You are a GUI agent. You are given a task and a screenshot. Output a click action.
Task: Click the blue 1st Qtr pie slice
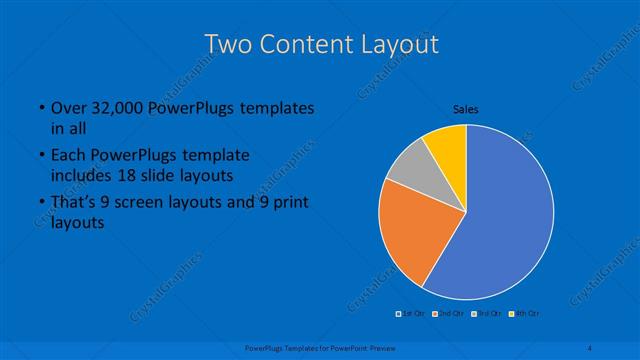505,215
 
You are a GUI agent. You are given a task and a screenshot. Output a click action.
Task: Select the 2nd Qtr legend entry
448,314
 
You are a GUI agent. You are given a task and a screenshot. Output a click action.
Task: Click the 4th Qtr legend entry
522,314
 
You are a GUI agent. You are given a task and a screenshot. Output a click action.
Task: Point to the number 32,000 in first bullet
120,108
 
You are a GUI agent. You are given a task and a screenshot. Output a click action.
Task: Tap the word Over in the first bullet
68,108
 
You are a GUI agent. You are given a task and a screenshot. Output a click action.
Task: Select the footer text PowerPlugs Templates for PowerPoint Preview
319,347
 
